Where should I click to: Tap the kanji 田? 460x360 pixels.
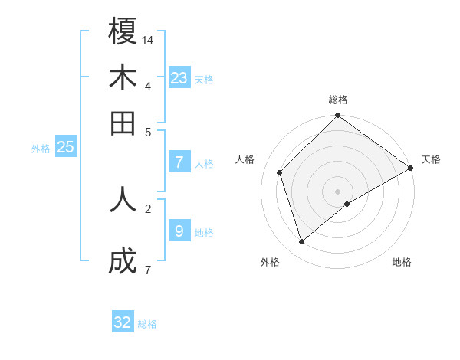[123, 123]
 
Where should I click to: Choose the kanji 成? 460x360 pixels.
[123, 262]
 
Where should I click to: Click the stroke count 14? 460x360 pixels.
[148, 39]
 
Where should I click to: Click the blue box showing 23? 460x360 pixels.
[179, 77]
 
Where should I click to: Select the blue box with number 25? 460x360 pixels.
[65, 147]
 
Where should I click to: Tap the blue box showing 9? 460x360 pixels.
[179, 231]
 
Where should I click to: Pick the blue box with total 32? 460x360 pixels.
[123, 322]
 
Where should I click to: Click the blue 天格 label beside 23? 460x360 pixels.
[204, 80]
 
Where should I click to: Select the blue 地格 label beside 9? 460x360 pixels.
[204, 233]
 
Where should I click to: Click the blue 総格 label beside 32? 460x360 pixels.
[147, 325]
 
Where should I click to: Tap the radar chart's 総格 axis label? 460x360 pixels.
[338, 100]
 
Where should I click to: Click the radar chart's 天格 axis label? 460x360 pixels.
[431, 159]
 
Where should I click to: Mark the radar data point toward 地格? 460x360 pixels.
[347, 204]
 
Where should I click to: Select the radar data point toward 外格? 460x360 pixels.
[302, 242]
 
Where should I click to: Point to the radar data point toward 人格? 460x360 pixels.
[280, 172]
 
